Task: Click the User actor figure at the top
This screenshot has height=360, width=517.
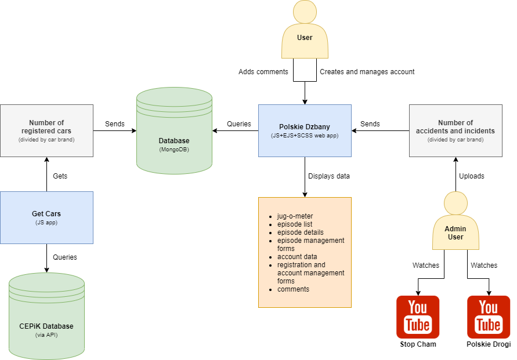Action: (305, 32)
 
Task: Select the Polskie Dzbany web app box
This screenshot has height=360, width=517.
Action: (305, 130)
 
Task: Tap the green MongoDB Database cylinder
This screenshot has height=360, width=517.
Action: (174, 133)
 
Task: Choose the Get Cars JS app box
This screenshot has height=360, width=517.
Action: (46, 217)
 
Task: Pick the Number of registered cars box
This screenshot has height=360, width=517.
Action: (46, 130)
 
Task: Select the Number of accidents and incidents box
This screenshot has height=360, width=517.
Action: (455, 130)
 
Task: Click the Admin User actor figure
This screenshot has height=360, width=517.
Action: (455, 223)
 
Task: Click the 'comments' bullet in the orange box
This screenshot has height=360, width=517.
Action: (293, 289)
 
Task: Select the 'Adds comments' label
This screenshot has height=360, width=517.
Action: (263, 72)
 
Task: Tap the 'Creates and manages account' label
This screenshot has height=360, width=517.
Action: (367, 72)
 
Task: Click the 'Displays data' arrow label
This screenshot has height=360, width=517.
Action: (329, 176)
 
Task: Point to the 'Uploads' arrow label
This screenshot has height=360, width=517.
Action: (471, 176)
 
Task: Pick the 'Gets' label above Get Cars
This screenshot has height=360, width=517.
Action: (60, 176)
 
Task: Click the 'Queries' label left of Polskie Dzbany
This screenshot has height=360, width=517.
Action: (238, 124)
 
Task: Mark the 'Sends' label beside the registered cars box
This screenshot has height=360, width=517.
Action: (115, 124)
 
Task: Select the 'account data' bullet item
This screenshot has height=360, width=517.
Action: (297, 257)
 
